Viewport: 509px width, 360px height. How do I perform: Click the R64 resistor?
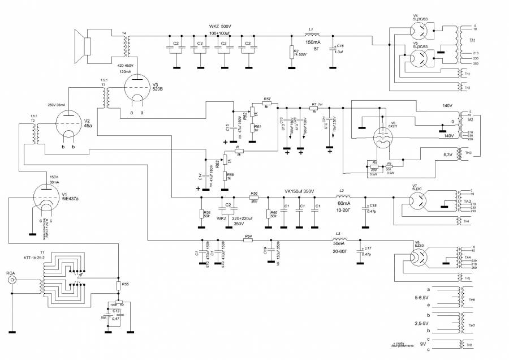coord(248,241)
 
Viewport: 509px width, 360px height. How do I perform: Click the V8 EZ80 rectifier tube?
coord(420,258)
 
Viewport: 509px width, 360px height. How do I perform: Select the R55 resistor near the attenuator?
coord(119,285)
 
